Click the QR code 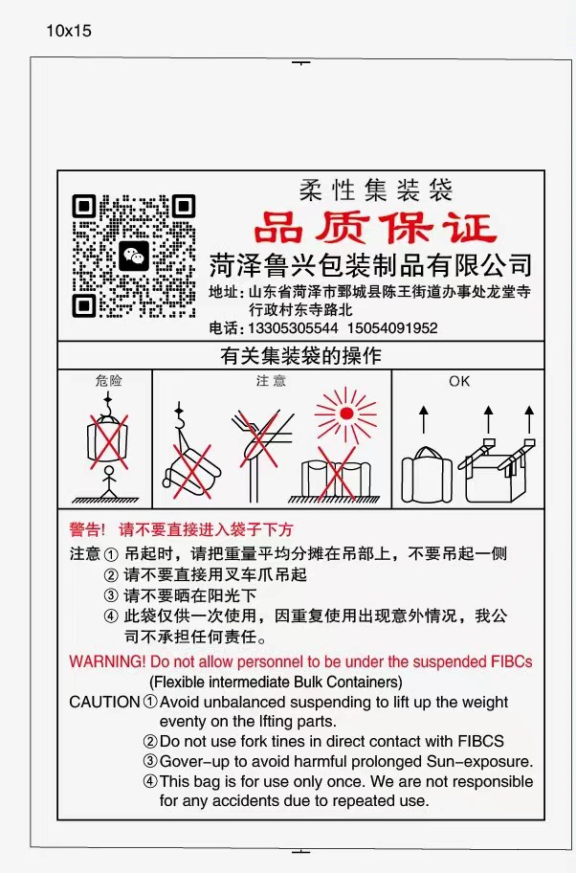(x=134, y=256)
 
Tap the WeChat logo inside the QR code (x=134, y=256)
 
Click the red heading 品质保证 (x=375, y=228)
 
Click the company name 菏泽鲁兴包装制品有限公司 (x=370, y=264)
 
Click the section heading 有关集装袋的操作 (x=300, y=356)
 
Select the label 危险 (x=109, y=381)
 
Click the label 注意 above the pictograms (x=271, y=381)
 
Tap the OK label (x=459, y=381)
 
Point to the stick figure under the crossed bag (x=108, y=480)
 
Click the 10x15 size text (x=69, y=31)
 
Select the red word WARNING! (x=107, y=661)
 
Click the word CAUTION (x=104, y=702)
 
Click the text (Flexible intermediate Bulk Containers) (x=276, y=682)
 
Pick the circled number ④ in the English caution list (x=150, y=781)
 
